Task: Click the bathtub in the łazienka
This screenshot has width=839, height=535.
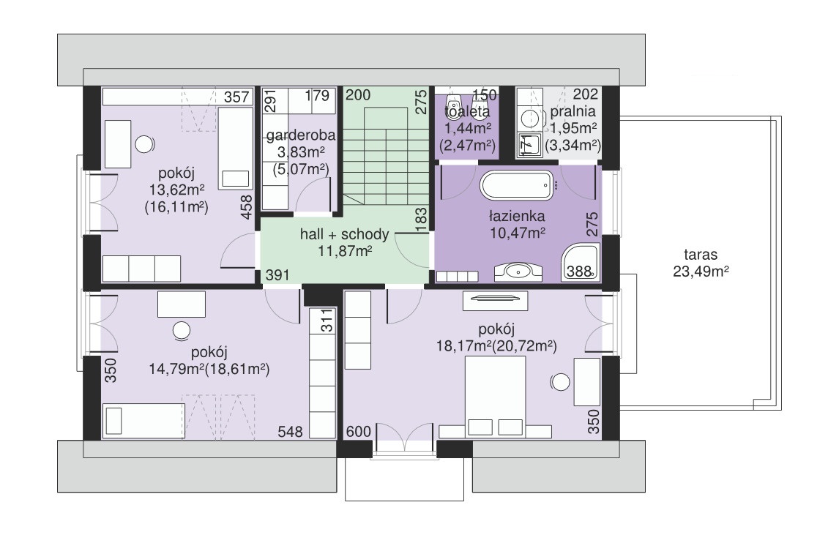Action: click(x=517, y=186)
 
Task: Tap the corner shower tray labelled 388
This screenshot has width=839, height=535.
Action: click(x=581, y=262)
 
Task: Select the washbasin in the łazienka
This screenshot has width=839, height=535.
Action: click(x=518, y=272)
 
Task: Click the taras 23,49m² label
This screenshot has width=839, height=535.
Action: click(x=701, y=263)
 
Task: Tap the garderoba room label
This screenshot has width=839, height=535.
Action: click(x=301, y=135)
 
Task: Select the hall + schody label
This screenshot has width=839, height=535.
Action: click(x=345, y=234)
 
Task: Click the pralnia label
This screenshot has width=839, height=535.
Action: click(x=573, y=112)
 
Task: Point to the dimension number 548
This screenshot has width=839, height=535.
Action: click(x=291, y=432)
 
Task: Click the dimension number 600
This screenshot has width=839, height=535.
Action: click(x=359, y=431)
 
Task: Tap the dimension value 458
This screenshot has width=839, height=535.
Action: click(x=246, y=207)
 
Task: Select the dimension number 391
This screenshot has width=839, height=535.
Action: click(x=277, y=275)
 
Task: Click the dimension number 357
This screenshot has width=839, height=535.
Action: click(x=236, y=97)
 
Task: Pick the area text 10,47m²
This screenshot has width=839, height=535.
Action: click(x=518, y=233)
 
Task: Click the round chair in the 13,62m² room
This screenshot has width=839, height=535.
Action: click(x=144, y=144)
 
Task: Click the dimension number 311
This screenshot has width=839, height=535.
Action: click(x=327, y=321)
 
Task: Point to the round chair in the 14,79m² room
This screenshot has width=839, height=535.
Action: click(x=182, y=331)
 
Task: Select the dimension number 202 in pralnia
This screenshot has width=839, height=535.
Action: click(x=586, y=94)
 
